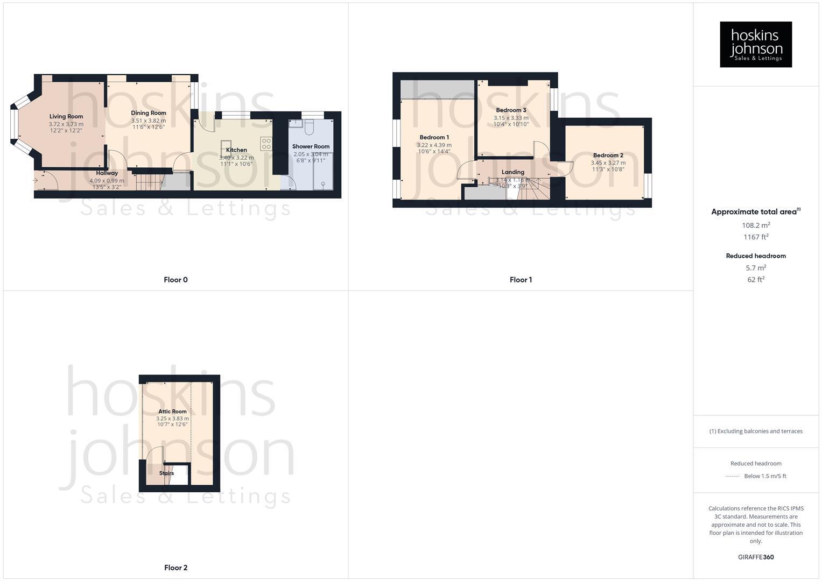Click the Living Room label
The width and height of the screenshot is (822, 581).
click(66, 116)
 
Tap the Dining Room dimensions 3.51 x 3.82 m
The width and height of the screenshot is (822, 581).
click(149, 121)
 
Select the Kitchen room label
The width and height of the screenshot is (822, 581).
click(236, 150)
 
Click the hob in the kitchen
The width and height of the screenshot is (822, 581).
click(266, 143)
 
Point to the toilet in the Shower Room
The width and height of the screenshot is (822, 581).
click(309, 127)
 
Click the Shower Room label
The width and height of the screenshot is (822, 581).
click(311, 146)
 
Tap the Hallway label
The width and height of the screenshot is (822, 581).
click(107, 173)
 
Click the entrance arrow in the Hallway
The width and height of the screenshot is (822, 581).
click(36, 181)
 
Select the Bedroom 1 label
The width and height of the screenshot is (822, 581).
click(434, 137)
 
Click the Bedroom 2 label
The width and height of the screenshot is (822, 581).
click(608, 155)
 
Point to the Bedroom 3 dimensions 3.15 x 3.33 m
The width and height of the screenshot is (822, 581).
click(511, 118)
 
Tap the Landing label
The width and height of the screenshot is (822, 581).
click(512, 172)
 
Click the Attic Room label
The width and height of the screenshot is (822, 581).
click(172, 412)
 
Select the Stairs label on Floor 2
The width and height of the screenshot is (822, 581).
click(166, 473)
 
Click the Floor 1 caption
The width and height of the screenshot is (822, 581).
click(521, 280)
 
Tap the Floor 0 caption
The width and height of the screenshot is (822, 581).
click(175, 280)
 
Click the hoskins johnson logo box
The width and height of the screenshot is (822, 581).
click(756, 45)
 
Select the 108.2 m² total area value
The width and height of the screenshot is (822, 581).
click(756, 225)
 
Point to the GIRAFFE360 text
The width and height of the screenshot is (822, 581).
click(756, 557)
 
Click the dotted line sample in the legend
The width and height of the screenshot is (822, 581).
click(733, 476)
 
